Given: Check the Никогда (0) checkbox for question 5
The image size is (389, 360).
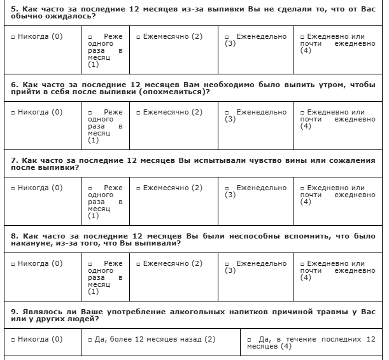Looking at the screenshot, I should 13,37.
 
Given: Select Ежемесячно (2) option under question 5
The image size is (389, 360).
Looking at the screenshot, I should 138,37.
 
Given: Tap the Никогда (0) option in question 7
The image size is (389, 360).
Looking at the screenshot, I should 13,188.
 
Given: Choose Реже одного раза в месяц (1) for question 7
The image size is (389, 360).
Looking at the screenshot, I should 90,188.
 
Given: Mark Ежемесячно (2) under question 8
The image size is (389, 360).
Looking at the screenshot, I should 138,264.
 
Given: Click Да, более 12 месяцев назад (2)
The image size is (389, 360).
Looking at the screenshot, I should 90,340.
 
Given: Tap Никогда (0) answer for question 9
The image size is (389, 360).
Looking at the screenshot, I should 13,340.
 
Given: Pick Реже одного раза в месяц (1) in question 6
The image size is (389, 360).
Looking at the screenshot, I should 90,113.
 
